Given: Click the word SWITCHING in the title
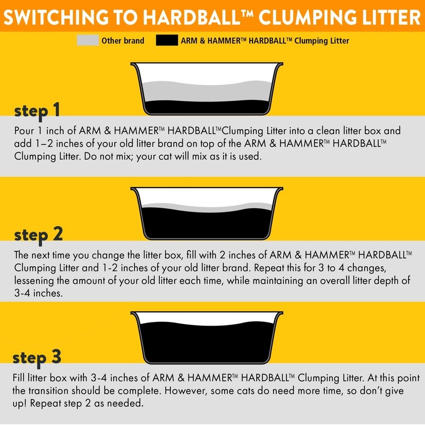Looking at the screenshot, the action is point(56,17).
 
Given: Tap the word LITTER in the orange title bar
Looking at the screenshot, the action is point(391,17).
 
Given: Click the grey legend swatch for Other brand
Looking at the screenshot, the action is point(88,40).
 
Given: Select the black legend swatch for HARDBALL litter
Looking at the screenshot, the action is point(167,40).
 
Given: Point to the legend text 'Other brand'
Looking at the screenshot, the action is point(123,41).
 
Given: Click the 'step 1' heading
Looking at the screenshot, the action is point(37,111).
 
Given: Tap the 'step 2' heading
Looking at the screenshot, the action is point(38,235).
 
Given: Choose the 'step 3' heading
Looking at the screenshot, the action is point(37,358).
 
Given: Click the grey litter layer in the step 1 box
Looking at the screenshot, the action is point(207,92).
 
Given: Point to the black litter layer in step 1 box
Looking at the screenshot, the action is point(207,107).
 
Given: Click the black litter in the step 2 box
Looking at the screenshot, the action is point(207,224).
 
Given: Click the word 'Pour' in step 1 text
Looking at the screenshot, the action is point(24,131).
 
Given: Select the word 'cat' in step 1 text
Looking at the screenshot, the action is point(164,157).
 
